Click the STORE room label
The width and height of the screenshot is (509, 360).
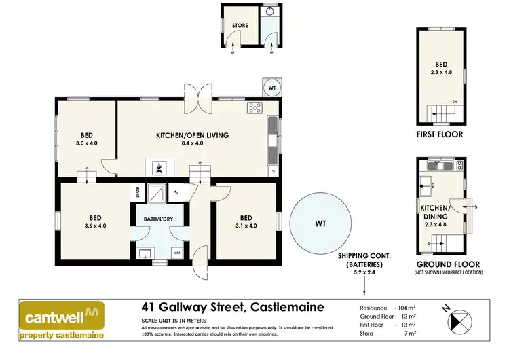(240, 26)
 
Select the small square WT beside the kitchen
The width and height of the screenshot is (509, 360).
(271, 88)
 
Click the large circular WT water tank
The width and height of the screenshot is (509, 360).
(320, 222)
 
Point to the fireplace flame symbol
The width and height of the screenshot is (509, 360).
(159, 166)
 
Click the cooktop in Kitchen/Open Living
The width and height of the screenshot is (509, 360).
(255, 107)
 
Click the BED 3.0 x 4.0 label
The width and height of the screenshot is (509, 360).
(86, 139)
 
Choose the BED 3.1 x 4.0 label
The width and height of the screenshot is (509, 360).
(246, 221)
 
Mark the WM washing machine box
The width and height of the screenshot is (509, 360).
(177, 253)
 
